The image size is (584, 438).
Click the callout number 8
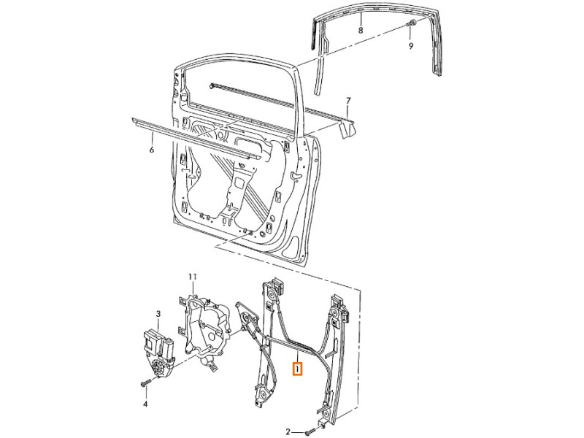click(x=361, y=30)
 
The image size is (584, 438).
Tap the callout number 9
click(x=411, y=46)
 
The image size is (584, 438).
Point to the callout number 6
click(x=151, y=150)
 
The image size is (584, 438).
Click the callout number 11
click(x=193, y=277)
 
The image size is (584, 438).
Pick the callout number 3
click(x=158, y=314)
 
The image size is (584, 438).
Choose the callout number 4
click(x=145, y=404)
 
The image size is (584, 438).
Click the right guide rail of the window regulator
click(x=337, y=358)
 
